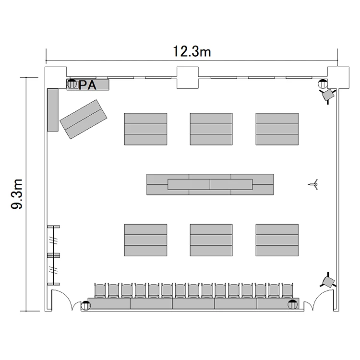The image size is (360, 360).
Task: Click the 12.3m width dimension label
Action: [x=192, y=51]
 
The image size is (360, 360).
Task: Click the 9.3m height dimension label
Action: [x=17, y=194]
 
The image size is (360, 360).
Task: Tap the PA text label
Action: [x=87, y=85]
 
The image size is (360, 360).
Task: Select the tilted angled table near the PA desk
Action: [x=84, y=119]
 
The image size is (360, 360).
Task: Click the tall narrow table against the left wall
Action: [x=53, y=110]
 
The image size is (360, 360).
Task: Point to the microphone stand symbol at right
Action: [x=313, y=184]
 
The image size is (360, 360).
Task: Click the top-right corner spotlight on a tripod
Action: [x=328, y=95]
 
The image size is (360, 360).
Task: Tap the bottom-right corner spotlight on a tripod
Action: [x=328, y=281]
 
